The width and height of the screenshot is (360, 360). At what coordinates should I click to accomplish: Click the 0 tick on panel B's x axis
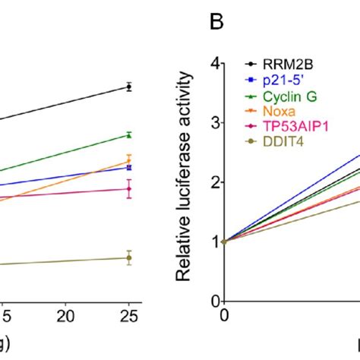pyautogui.click(x=223, y=314)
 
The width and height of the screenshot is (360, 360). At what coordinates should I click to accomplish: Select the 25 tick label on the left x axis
pyautogui.click(x=129, y=314)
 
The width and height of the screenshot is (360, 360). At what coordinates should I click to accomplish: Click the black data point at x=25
pyautogui.click(x=129, y=87)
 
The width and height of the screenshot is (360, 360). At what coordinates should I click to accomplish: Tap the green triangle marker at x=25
pyautogui.click(x=129, y=135)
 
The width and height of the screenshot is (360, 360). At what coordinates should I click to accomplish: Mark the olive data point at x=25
pyautogui.click(x=129, y=258)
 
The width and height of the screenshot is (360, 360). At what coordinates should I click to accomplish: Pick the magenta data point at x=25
pyautogui.click(x=129, y=188)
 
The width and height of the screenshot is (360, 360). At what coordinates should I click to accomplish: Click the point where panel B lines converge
pyautogui.click(x=224, y=242)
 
